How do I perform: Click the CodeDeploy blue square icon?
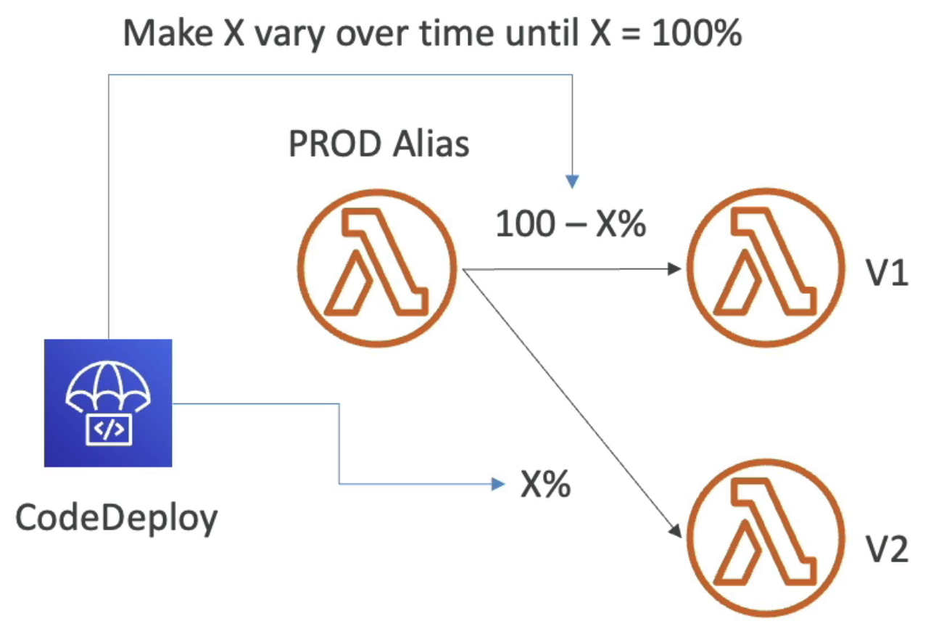pyautogui.click(x=108, y=403)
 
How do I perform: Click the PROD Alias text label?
pyautogui.click(x=378, y=145)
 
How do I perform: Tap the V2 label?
pyautogui.click(x=886, y=550)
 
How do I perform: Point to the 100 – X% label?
pyautogui.click(x=570, y=226)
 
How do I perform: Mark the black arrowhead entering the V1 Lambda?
pyautogui.click(x=677, y=269)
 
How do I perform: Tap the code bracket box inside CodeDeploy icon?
pyautogui.click(x=108, y=430)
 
